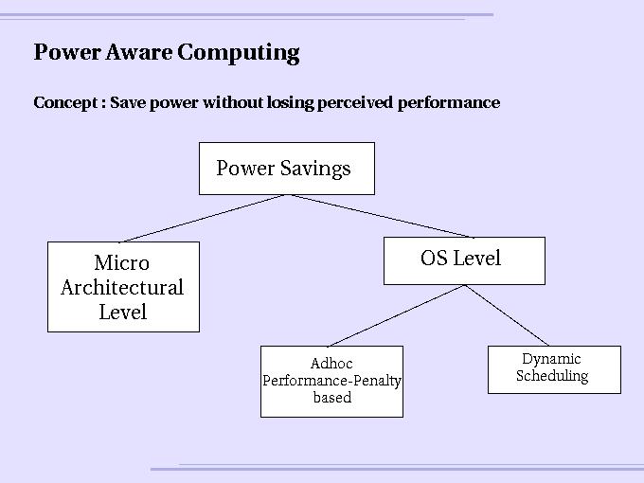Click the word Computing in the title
pos(239,53)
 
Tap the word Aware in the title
pos(138,52)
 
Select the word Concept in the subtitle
pos(65,102)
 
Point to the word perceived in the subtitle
pos(355,102)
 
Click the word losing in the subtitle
pos(290,102)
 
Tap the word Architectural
pos(122,287)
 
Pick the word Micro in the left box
pos(121,262)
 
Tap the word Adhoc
pos(331,364)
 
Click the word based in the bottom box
pos(332,397)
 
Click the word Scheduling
pos(552,376)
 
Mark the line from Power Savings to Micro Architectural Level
pos(204,218)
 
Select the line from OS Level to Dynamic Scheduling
pos(507,315)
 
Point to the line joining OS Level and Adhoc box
pos(397,315)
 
